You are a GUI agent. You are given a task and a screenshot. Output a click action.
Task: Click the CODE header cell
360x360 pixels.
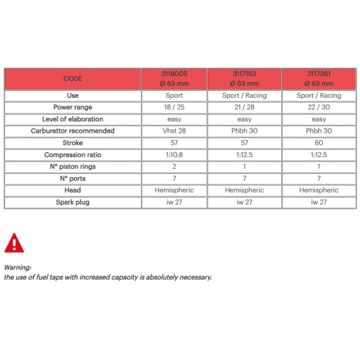pos(73,79)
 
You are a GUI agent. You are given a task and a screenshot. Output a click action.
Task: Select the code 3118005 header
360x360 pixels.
pos(174,79)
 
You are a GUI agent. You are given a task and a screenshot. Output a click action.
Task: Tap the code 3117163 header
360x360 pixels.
pos(245,79)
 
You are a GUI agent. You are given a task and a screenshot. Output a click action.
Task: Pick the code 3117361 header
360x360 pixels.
pos(319,79)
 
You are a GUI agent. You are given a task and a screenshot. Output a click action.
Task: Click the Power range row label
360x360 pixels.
pos(73,107)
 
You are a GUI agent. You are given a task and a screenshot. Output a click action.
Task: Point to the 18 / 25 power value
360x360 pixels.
pos(174,107)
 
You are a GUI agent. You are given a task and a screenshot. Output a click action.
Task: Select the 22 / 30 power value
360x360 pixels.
pos(319,107)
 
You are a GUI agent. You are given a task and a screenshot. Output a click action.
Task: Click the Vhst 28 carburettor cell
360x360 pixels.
pos(174,131)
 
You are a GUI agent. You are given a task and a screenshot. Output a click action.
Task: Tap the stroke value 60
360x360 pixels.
pos(319,143)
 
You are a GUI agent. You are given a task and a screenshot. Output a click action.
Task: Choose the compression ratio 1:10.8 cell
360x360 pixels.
pos(174,155)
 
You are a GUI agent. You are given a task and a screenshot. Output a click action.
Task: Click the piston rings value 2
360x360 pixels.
pos(174,166)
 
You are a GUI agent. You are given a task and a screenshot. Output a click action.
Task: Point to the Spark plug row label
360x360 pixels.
pos(73,202)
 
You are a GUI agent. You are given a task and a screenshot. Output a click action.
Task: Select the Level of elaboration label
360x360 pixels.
pos(73,119)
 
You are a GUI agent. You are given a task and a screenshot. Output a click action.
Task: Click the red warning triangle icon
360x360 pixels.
pos(14,242)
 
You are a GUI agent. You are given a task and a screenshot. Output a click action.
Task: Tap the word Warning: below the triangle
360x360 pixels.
pos(18,268)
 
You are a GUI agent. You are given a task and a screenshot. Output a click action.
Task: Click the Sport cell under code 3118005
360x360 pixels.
pos(174,95)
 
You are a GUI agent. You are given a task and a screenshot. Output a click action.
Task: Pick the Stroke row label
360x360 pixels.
pos(73,143)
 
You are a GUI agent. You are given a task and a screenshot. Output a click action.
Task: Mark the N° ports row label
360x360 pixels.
pos(73,178)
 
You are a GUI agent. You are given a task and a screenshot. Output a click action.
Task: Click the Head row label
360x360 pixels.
pos(73,190)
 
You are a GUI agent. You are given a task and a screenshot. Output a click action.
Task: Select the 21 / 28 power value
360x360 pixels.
pos(245,107)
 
